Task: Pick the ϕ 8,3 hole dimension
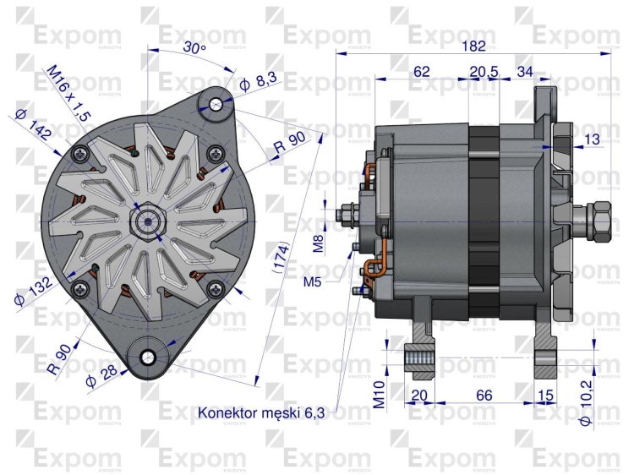258,82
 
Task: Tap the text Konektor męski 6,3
261,412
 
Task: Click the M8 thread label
319,244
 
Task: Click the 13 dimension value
591,139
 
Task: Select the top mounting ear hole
216,103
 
